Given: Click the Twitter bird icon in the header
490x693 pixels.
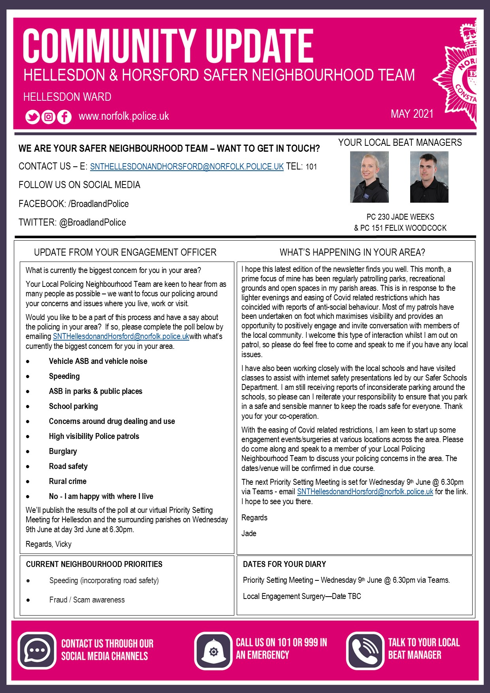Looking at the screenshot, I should tap(32, 117).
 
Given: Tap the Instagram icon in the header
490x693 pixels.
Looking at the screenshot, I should tap(48, 117).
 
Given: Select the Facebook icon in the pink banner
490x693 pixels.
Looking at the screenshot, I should tap(64, 117).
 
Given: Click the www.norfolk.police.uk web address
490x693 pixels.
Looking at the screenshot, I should tap(124, 116).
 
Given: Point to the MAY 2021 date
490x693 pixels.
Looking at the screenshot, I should tap(412, 114).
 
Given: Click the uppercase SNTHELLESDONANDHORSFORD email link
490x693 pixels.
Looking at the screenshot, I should tap(187, 167).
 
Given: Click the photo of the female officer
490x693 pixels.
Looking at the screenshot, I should tap(369, 177).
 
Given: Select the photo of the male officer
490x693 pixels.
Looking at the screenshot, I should tap(429, 177).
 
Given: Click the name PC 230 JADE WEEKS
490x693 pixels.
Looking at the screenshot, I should tap(400, 217).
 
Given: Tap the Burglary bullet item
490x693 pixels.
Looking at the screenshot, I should tap(63, 451).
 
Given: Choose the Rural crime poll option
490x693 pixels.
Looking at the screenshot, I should tap(68, 481).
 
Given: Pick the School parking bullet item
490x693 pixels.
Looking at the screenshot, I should tap(73, 406).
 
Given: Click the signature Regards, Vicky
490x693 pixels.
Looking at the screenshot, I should tap(49, 544).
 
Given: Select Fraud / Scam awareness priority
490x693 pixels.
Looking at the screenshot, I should tap(87, 600).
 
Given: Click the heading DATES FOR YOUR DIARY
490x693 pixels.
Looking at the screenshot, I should tap(285, 564).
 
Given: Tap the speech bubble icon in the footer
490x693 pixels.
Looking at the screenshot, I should tap(37, 651).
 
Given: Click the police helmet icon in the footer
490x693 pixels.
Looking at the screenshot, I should tap(213, 651).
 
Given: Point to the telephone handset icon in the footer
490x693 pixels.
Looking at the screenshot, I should tap(365, 651).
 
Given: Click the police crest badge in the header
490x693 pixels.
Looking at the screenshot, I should tap(458, 75).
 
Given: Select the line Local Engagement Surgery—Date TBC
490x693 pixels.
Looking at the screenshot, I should tap(302, 596).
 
